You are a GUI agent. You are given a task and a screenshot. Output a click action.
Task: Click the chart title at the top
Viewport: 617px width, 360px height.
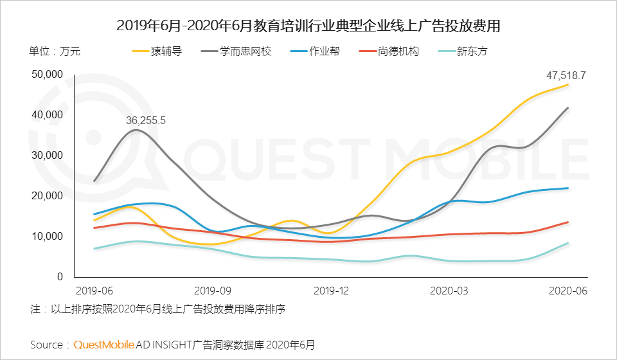[308, 26]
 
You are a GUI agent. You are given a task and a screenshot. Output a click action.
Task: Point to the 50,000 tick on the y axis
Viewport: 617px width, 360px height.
[47, 75]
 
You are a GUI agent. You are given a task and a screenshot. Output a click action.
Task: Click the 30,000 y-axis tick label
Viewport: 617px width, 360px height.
[47, 156]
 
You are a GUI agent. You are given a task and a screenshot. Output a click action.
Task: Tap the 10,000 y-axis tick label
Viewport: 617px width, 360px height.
[47, 237]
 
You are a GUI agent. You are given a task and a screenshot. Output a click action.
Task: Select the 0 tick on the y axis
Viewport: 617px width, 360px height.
[59, 277]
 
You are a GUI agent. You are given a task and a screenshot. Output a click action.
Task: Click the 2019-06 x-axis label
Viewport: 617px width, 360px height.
[94, 291]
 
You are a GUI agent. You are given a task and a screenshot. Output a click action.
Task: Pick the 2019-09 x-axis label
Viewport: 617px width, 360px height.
[212, 291]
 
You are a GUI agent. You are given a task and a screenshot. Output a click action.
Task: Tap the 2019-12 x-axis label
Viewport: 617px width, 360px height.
[331, 291]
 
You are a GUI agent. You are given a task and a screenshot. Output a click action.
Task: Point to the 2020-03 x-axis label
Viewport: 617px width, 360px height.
[449, 291]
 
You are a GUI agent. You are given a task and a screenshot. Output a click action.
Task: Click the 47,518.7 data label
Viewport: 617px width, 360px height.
[566, 75]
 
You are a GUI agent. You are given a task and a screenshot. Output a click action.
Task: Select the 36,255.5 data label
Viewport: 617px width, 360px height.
[146, 120]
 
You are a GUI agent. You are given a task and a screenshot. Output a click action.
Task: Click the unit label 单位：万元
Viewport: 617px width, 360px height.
[55, 51]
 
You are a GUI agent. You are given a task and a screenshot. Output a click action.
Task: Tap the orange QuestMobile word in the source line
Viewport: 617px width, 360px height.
[104, 345]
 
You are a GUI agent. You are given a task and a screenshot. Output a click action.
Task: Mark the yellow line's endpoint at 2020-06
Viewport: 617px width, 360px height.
[568, 85]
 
